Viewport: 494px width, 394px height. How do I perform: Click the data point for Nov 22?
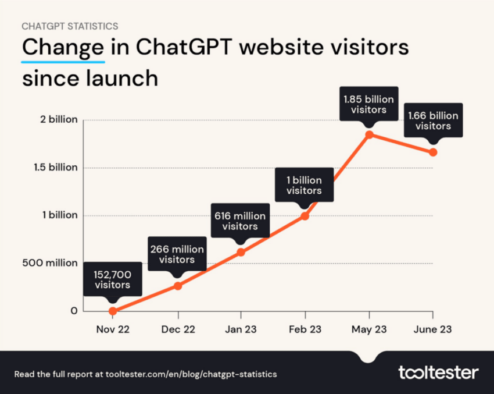tap(113, 311)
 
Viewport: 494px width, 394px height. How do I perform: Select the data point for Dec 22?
tap(177, 286)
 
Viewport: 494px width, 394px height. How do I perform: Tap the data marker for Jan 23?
tap(241, 252)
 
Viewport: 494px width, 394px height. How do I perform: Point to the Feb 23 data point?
tap(305, 216)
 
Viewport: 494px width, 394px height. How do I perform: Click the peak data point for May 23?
tap(368, 134)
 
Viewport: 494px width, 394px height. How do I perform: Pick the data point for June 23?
tap(433, 152)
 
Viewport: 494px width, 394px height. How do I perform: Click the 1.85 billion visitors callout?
tap(368, 104)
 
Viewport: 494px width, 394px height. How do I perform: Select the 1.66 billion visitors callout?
tap(433, 120)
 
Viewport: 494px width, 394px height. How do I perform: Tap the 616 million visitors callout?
tap(241, 221)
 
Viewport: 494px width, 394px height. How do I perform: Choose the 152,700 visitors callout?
tap(113, 280)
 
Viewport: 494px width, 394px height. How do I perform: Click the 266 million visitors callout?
tap(177, 254)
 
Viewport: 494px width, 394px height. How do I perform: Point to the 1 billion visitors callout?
tap(305, 185)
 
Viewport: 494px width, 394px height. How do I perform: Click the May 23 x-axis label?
tap(368, 329)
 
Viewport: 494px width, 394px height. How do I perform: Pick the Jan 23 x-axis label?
tap(241, 329)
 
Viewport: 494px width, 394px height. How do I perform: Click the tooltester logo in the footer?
tap(438, 372)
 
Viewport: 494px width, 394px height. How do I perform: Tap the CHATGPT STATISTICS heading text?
tap(70, 26)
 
